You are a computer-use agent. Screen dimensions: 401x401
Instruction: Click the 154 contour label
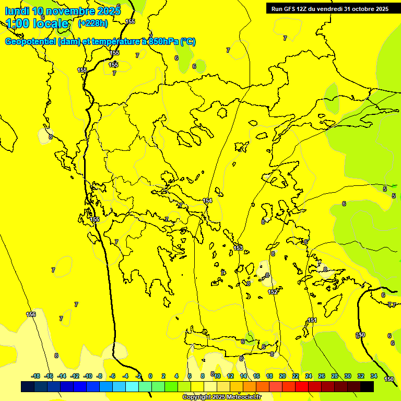(x=208, y=201)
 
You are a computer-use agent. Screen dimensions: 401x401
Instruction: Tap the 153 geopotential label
(x=238, y=248)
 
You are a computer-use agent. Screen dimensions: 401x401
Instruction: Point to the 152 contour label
(x=273, y=292)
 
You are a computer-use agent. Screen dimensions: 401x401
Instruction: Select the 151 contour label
(x=312, y=320)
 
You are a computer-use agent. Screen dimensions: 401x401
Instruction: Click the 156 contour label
(x=31, y=314)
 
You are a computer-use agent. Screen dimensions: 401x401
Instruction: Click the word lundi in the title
(x=17, y=11)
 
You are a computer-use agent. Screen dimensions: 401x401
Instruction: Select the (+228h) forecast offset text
(x=93, y=23)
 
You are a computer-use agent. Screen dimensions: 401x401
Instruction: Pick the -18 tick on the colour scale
(x=36, y=376)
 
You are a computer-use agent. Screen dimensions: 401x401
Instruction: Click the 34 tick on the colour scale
(x=374, y=376)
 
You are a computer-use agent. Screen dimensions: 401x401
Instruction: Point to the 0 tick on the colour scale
(x=150, y=376)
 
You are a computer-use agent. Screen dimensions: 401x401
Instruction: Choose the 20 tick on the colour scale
(x=282, y=376)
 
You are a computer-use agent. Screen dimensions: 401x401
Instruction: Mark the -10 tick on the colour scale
(x=87, y=376)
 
